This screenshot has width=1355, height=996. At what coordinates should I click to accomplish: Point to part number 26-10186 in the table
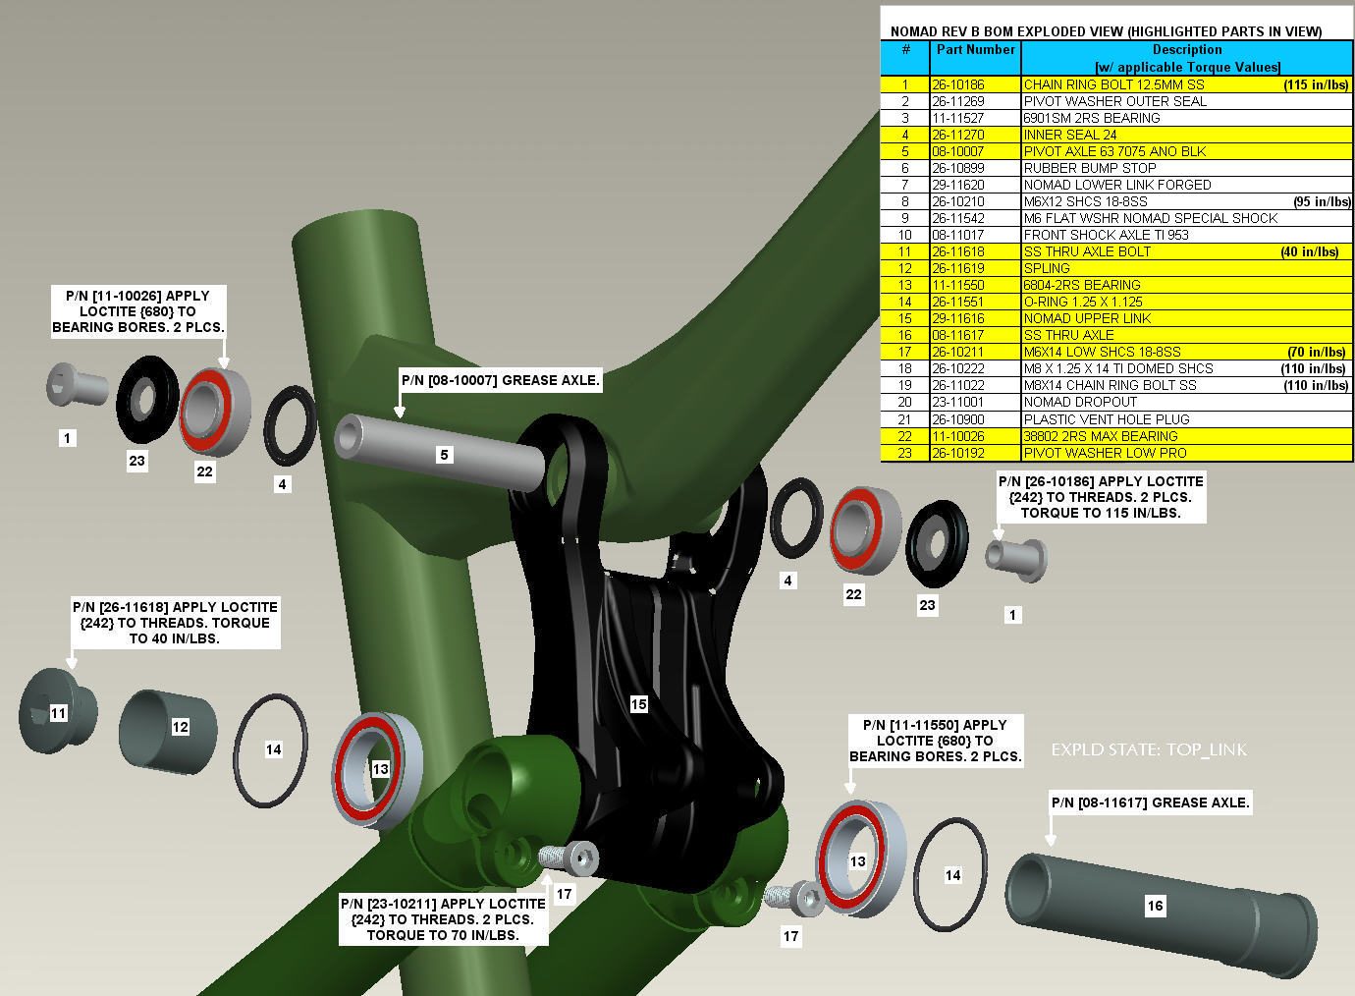[x=958, y=84]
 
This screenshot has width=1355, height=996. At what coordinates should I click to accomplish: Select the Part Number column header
[x=975, y=49]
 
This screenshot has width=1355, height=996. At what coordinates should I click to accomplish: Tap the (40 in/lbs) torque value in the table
[x=1309, y=251]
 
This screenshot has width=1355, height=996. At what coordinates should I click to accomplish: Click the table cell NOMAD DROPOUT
[x=1080, y=402]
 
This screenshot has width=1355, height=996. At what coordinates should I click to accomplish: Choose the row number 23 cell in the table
[x=905, y=453]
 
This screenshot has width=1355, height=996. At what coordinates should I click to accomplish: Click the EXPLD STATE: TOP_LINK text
[x=1148, y=749]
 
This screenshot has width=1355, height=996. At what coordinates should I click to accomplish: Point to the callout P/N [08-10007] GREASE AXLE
[x=501, y=380]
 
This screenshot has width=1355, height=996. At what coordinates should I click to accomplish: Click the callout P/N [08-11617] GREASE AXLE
[x=1151, y=802]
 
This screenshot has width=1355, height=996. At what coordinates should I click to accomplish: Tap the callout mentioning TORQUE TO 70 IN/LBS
[x=442, y=919]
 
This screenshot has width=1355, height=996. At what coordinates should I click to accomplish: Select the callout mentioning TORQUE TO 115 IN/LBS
[x=1100, y=497]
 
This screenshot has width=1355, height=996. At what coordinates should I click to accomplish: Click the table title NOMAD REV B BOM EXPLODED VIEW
[x=1106, y=31]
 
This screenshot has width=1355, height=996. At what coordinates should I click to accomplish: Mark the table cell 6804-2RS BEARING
[x=1082, y=285]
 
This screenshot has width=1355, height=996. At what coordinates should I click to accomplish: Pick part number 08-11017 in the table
[x=958, y=235]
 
